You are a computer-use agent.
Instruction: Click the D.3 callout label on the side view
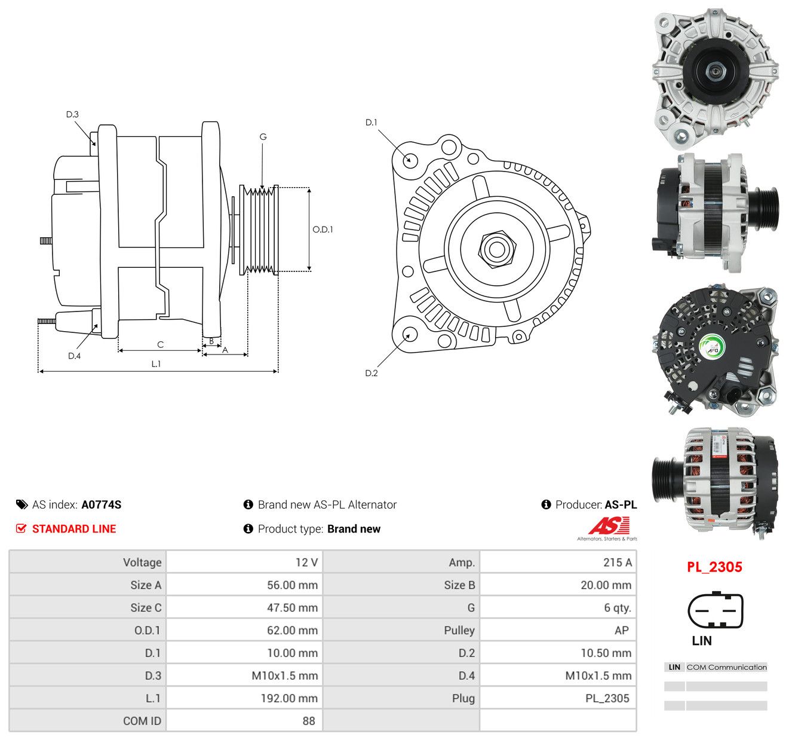point(72,115)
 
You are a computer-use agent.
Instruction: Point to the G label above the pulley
point(263,137)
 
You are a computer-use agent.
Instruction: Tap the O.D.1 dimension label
point(323,230)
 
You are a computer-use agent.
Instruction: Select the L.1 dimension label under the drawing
point(156,363)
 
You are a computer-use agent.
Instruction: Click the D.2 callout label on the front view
point(371,373)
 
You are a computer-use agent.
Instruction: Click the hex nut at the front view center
point(497,249)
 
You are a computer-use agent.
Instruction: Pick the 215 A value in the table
point(617,562)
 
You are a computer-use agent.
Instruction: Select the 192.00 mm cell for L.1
point(289,698)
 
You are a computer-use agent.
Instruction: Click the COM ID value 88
point(309,721)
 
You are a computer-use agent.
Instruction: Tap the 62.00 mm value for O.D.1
point(292,630)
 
